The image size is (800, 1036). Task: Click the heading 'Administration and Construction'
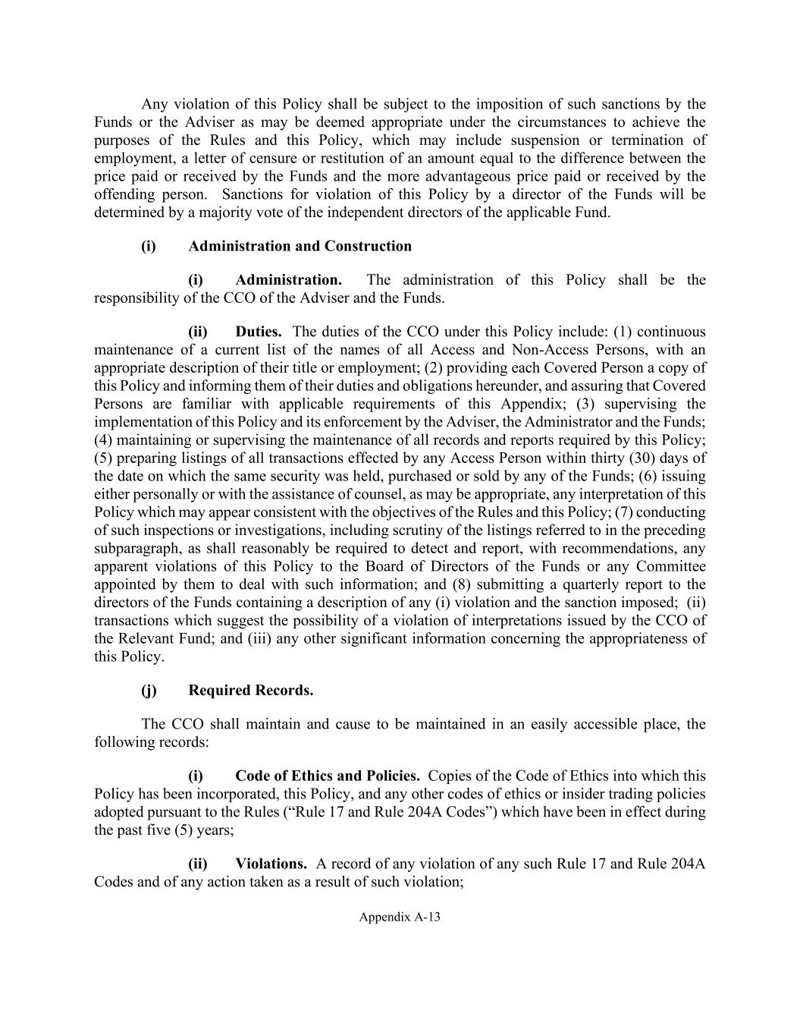pos(300,246)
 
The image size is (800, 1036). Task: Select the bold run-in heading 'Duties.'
pos(259,332)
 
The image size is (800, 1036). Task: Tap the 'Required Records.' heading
pos(250,690)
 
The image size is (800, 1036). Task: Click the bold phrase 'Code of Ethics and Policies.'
pos(328,776)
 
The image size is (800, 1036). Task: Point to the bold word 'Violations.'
pos(271,864)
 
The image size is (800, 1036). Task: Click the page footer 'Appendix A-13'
pos(400,917)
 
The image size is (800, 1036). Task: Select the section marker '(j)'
pos(149,690)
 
